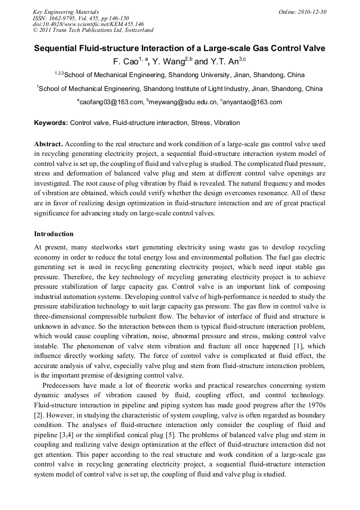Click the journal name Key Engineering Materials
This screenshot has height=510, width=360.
tap(66, 12)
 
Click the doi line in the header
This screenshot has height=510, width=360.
tap(88, 24)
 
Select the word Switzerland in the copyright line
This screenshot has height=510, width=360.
tap(135, 31)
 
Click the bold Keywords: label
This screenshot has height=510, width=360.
tap(51, 123)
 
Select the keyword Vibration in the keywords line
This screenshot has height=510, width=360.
tap(227, 123)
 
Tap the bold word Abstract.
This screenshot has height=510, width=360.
tap(49, 144)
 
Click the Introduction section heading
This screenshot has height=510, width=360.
tap(54, 234)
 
